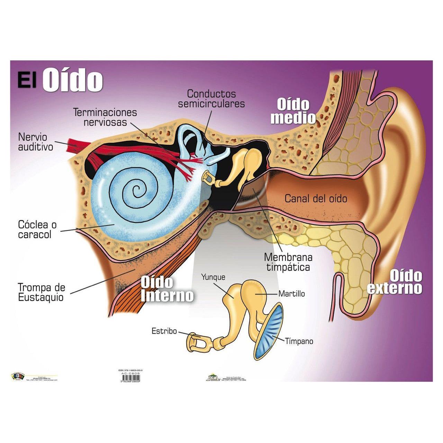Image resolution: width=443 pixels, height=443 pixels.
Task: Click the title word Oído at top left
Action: click(73, 80)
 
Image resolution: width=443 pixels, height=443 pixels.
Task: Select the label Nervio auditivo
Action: click(36, 142)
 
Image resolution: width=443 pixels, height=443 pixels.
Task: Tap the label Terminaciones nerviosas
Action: click(105, 117)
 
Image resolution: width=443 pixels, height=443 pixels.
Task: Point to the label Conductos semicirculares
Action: click(211, 99)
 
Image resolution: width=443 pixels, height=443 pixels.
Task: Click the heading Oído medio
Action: click(293, 111)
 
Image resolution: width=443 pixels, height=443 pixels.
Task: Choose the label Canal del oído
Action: click(316, 198)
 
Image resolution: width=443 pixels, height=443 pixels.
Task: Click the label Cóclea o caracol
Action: click(37, 229)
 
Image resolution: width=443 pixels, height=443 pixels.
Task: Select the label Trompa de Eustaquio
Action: click(41, 292)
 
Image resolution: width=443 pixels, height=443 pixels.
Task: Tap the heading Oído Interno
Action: click(167, 289)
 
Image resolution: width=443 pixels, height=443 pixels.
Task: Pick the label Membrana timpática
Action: click(288, 262)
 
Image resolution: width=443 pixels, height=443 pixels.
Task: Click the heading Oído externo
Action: click(395, 282)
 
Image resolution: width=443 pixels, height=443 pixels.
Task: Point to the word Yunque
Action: click(213, 277)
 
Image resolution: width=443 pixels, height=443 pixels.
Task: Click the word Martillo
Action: click(291, 293)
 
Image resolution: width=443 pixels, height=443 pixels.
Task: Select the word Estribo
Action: click(164, 331)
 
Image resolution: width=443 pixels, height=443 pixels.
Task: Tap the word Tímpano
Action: click(299, 341)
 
